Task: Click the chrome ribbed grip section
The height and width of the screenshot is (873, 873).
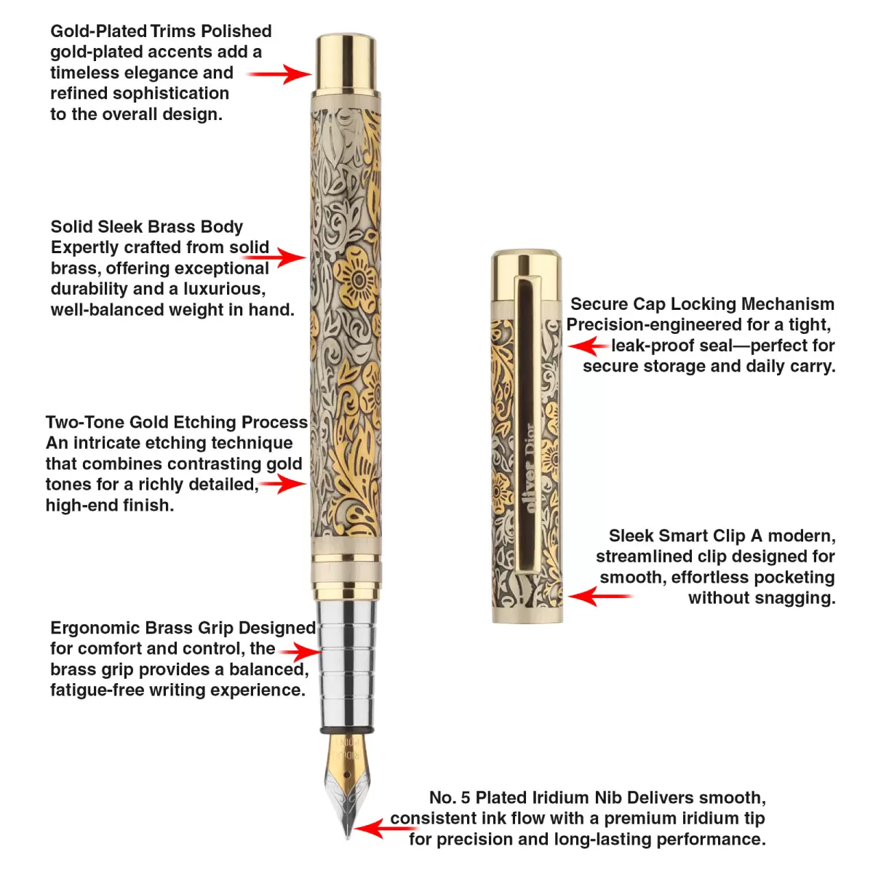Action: [348, 662]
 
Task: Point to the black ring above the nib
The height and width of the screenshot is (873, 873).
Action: [348, 729]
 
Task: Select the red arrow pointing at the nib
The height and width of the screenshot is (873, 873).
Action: [377, 828]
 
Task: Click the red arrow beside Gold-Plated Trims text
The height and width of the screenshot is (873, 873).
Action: [280, 73]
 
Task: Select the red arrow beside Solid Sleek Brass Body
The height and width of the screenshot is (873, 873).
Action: [280, 257]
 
